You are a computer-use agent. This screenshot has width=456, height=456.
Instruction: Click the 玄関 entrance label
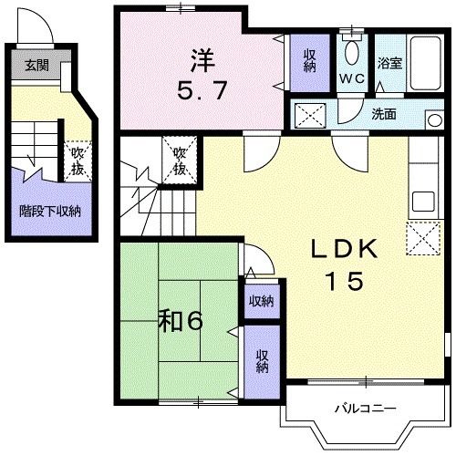[37, 65]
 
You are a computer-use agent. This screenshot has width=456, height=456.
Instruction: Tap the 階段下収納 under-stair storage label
[50, 211]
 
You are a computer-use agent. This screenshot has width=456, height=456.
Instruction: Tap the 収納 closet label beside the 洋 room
[310, 60]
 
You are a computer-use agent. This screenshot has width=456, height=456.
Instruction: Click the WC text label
[352, 78]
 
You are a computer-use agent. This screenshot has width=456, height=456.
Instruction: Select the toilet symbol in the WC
[352, 50]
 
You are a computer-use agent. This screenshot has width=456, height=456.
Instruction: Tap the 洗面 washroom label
[384, 115]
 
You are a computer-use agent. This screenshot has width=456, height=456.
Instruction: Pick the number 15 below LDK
[346, 282]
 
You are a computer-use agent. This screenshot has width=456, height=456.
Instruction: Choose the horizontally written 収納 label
[261, 302]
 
